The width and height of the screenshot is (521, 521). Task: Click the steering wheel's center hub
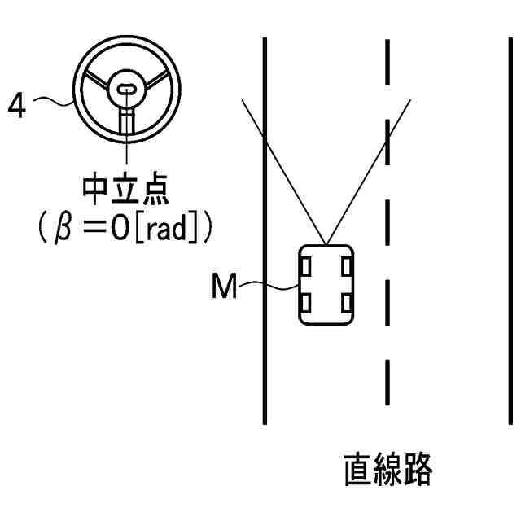[127, 90]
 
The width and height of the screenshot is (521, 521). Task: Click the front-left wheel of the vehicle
[305, 265]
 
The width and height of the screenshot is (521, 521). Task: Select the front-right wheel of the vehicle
[346, 265]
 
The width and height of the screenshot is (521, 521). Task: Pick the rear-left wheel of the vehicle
[305, 304]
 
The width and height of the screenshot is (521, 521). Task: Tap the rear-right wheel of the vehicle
[346, 304]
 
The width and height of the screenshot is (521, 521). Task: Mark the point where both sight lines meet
[326, 243]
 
